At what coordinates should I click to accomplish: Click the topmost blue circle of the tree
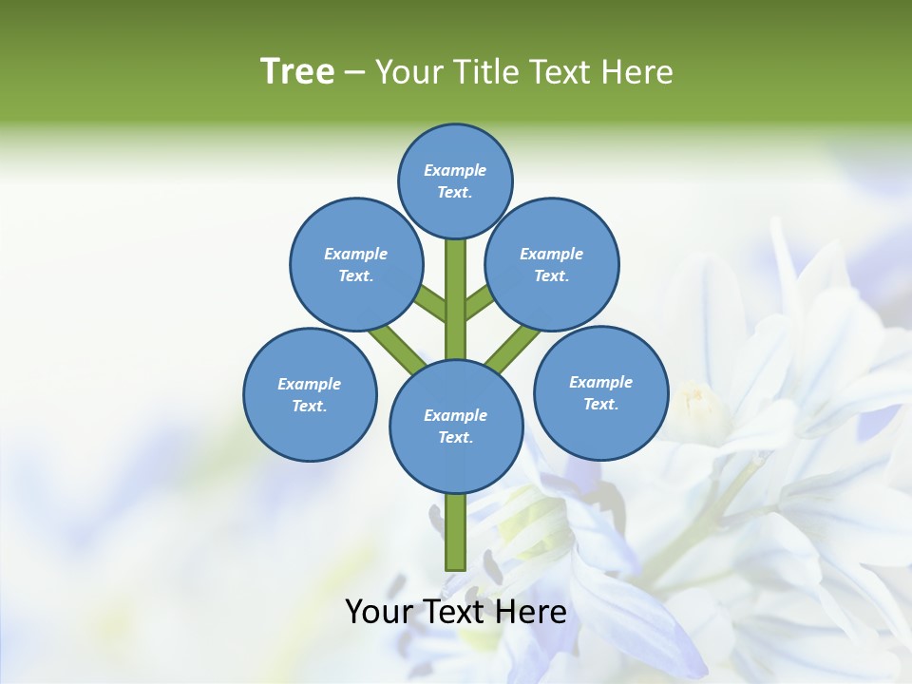(x=455, y=180)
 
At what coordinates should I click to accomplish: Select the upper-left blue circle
(x=356, y=264)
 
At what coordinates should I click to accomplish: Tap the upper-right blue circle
(x=552, y=264)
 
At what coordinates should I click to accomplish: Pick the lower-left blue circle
(x=310, y=394)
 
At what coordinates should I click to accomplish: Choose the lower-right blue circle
(x=600, y=392)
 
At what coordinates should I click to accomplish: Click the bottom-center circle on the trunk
(x=456, y=426)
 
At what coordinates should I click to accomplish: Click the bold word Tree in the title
(x=297, y=71)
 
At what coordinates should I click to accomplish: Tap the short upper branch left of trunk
(x=432, y=303)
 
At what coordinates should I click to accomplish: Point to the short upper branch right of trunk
(x=478, y=302)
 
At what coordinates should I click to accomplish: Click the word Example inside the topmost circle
(x=455, y=170)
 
